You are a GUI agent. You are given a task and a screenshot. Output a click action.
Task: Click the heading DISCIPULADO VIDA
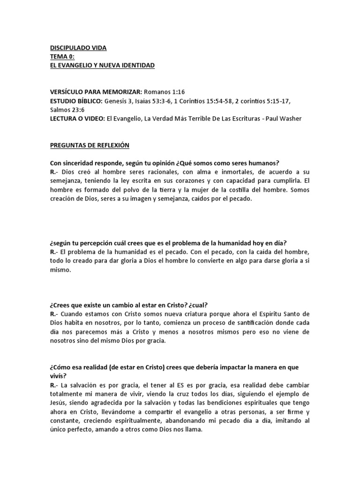(78, 48)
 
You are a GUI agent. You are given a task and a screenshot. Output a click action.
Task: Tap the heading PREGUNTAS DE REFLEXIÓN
(89, 145)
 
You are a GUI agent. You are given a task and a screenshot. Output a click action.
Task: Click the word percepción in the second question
(93, 242)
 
